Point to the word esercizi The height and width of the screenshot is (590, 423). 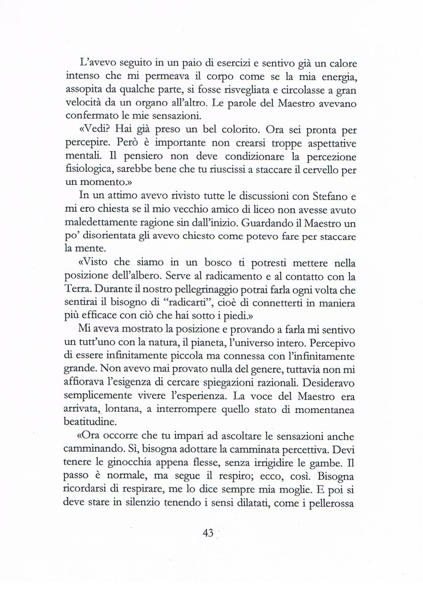[219, 64]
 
